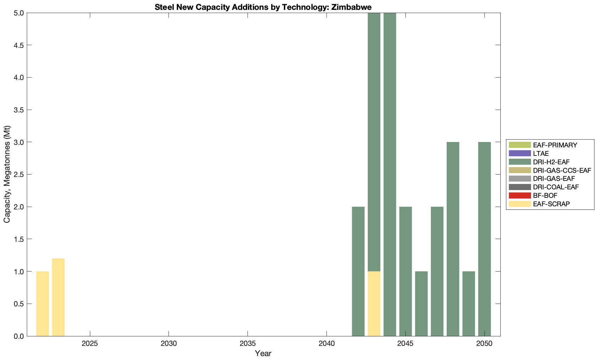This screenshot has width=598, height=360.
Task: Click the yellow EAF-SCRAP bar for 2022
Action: tap(42, 304)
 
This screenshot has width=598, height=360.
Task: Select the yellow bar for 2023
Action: tap(58, 297)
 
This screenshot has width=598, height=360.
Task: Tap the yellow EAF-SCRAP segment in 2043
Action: tap(374, 304)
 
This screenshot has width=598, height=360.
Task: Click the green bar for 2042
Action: tap(358, 271)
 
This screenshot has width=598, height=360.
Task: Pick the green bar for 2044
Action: tap(390, 174)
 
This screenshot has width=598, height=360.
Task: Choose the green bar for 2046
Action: tap(421, 304)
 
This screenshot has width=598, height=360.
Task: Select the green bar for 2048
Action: tap(453, 239)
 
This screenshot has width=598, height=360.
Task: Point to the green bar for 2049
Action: tap(469, 304)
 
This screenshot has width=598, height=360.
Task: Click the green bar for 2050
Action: tap(484, 239)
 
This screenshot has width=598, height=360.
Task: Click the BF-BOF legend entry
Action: tap(545, 195)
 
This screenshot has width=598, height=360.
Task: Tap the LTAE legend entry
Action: tap(541, 153)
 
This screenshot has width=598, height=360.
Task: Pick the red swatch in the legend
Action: tap(519, 195)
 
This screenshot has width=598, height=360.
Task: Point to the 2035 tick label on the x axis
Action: tap(248, 343)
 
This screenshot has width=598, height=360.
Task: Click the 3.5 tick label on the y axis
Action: tap(19, 110)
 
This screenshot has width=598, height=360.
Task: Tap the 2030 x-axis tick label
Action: tap(169, 343)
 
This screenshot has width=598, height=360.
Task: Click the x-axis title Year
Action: tap(263, 353)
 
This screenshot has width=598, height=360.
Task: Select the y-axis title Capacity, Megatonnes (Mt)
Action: tap(7, 174)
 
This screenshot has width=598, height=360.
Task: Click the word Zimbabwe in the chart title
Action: tap(351, 7)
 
